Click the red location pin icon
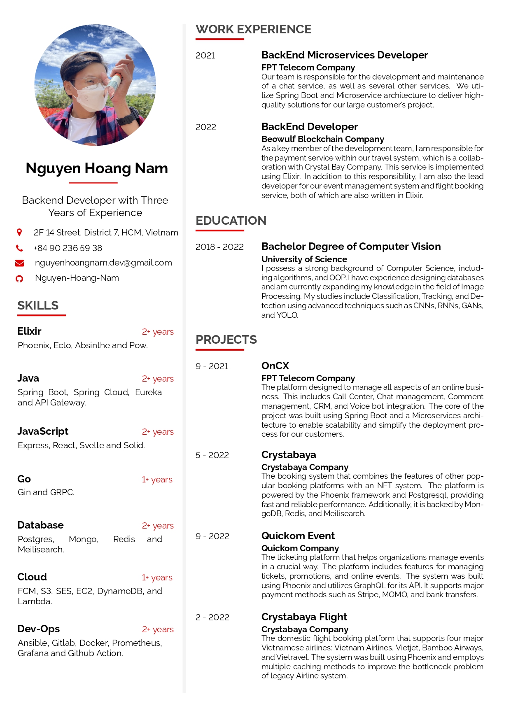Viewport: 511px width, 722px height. [x=19, y=233]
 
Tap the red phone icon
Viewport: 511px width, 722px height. [x=19, y=248]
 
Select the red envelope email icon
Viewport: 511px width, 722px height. [x=19, y=263]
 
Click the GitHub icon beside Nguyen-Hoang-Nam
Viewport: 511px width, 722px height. [x=19, y=279]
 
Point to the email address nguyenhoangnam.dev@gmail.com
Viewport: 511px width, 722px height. [x=103, y=263]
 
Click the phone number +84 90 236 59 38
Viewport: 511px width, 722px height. [x=68, y=248]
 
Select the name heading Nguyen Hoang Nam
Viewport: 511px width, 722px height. [x=97, y=168]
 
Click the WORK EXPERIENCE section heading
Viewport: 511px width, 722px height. [x=253, y=29]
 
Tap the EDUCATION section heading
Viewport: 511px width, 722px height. [x=231, y=221]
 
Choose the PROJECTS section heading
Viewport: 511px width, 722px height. [x=226, y=340]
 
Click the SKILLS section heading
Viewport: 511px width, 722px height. [x=38, y=305]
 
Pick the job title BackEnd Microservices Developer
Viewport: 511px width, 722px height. [x=345, y=55]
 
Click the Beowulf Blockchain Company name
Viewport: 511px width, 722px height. [x=322, y=139]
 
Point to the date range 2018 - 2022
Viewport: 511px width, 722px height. [x=219, y=247]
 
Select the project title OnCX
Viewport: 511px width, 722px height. [x=275, y=366]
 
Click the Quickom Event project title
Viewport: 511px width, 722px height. [x=298, y=536]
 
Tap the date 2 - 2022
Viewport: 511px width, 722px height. [x=212, y=617]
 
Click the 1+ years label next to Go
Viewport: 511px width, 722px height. [x=157, y=480]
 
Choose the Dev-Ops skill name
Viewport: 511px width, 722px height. [x=39, y=629]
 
